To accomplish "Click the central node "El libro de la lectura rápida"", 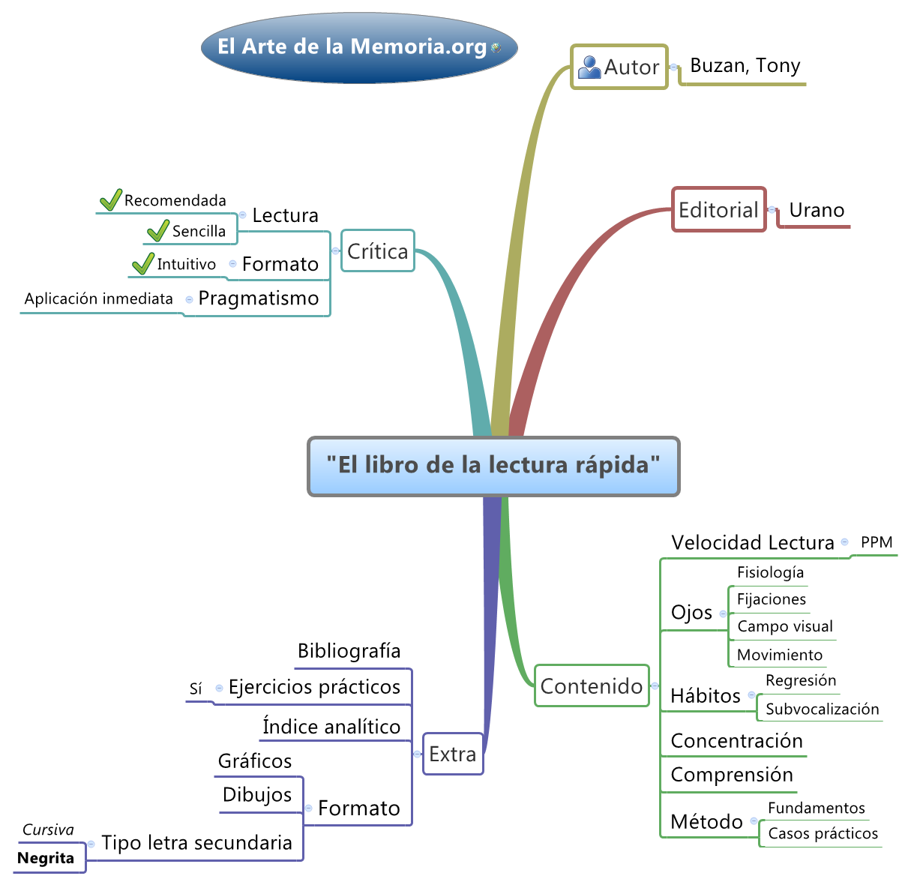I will pos(493,466).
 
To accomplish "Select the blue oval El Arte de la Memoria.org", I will pos(359,47).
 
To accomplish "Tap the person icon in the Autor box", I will pos(589,67).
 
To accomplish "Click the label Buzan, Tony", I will pos(745,66).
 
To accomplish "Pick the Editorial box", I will pos(718,210).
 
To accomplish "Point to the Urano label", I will pos(817,211).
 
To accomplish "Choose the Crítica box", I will pos(377,251).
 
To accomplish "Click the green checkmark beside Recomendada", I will pos(110,200).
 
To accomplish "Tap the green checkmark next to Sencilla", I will pos(157,231).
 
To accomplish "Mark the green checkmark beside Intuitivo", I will pos(142,264).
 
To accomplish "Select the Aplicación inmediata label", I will pos(99,299).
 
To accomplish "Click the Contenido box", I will pos(591,686).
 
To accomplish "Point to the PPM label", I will pos(877,542).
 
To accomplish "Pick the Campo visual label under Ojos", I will pos(784,627).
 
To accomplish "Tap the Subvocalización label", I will pos(822,709).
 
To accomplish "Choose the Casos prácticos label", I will pos(823,834).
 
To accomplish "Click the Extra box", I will pos(452,754).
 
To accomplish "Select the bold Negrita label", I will pos(46,859).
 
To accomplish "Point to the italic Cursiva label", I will pos(48,830).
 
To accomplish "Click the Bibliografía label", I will pos(349,651).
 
